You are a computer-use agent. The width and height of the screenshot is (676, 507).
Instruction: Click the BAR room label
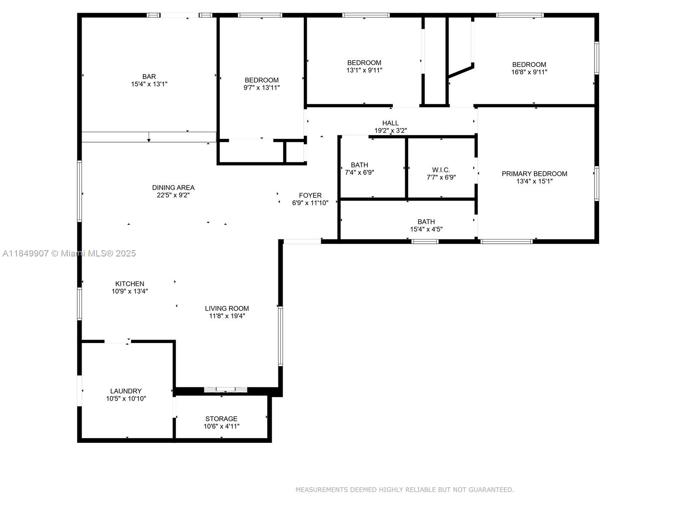tap(149, 76)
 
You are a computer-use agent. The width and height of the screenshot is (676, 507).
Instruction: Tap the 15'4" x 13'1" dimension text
tap(149, 84)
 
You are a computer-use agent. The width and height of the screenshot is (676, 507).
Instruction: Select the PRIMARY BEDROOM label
tap(534, 174)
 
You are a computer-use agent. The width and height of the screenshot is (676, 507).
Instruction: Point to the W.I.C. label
tap(441, 170)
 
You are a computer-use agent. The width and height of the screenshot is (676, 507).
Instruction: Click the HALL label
tap(390, 123)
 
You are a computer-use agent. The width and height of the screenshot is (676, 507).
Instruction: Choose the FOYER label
tap(310, 195)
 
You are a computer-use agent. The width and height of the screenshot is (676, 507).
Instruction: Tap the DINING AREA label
tap(173, 188)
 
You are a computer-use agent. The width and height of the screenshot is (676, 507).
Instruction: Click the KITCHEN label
tap(130, 284)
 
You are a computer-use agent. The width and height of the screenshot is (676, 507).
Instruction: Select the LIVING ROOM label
tap(227, 308)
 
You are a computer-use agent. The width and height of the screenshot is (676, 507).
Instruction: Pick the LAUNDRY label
tap(126, 391)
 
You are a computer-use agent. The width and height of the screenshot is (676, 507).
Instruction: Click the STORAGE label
tap(221, 419)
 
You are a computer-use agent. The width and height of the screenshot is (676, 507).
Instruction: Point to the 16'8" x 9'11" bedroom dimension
tap(529, 72)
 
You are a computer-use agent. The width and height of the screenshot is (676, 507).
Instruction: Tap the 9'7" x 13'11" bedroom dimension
tap(262, 88)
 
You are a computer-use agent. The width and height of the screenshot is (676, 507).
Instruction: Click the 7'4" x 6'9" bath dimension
tap(359, 172)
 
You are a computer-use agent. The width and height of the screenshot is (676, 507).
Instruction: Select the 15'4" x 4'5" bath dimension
tap(426, 229)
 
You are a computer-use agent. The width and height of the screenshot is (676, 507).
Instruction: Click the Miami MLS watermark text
tap(69, 253)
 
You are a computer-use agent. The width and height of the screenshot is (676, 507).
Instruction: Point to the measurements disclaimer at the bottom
tap(404, 490)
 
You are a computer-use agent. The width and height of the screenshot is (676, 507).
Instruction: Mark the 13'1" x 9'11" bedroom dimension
tap(364, 70)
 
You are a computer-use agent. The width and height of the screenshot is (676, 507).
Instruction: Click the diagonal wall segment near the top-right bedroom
tap(461, 71)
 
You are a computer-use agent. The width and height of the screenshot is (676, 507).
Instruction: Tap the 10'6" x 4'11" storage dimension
tap(221, 426)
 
